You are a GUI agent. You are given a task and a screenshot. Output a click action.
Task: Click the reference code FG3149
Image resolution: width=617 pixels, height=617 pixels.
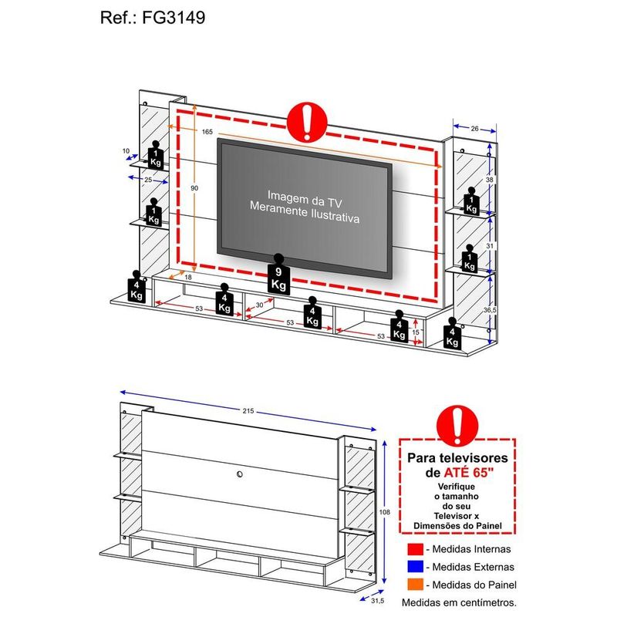pos(174,18)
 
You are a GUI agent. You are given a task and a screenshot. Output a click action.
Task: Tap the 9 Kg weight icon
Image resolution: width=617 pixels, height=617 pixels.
pos(278,275)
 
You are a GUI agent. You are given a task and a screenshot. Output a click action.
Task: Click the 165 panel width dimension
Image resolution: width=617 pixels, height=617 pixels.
pos(207,132)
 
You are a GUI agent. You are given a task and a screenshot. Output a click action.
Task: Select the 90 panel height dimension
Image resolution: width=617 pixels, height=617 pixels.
pos(194,188)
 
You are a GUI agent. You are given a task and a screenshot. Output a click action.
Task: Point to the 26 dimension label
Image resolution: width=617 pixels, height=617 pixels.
pos(475,128)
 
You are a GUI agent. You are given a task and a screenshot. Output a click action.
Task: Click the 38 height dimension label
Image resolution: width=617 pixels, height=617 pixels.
pos(489,180)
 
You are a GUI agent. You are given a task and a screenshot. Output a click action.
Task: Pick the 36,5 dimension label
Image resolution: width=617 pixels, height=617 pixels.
pos(490,310)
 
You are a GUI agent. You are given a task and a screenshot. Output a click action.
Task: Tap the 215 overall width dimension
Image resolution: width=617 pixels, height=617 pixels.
pos(248,411)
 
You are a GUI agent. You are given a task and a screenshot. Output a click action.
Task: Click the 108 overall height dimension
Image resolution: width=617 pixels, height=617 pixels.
pos(384,512)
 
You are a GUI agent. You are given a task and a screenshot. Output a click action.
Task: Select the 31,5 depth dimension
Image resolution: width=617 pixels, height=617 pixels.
pos(377,601)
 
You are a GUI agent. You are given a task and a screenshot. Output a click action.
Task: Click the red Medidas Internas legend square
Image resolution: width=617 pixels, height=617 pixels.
pos(415,549)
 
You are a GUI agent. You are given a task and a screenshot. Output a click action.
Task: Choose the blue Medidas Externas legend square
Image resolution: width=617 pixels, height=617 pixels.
pos(415,567)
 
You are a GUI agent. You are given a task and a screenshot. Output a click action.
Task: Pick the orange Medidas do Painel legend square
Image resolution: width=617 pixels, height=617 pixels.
pos(415,585)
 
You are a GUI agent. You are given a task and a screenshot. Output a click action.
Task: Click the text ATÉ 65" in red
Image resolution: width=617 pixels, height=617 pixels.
pos(469,472)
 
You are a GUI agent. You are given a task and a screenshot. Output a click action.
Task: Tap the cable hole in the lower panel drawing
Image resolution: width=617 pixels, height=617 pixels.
pos(240,474)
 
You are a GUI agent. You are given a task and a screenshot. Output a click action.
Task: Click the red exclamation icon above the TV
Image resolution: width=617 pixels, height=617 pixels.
pos(307,122)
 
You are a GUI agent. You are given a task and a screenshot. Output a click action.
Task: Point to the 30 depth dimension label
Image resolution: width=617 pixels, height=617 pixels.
pos(260,305)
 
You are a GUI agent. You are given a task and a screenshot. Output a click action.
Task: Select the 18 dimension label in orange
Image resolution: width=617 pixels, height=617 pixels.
pos(188,277)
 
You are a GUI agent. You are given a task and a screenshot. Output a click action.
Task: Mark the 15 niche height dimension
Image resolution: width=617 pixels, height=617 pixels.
pos(416,332)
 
